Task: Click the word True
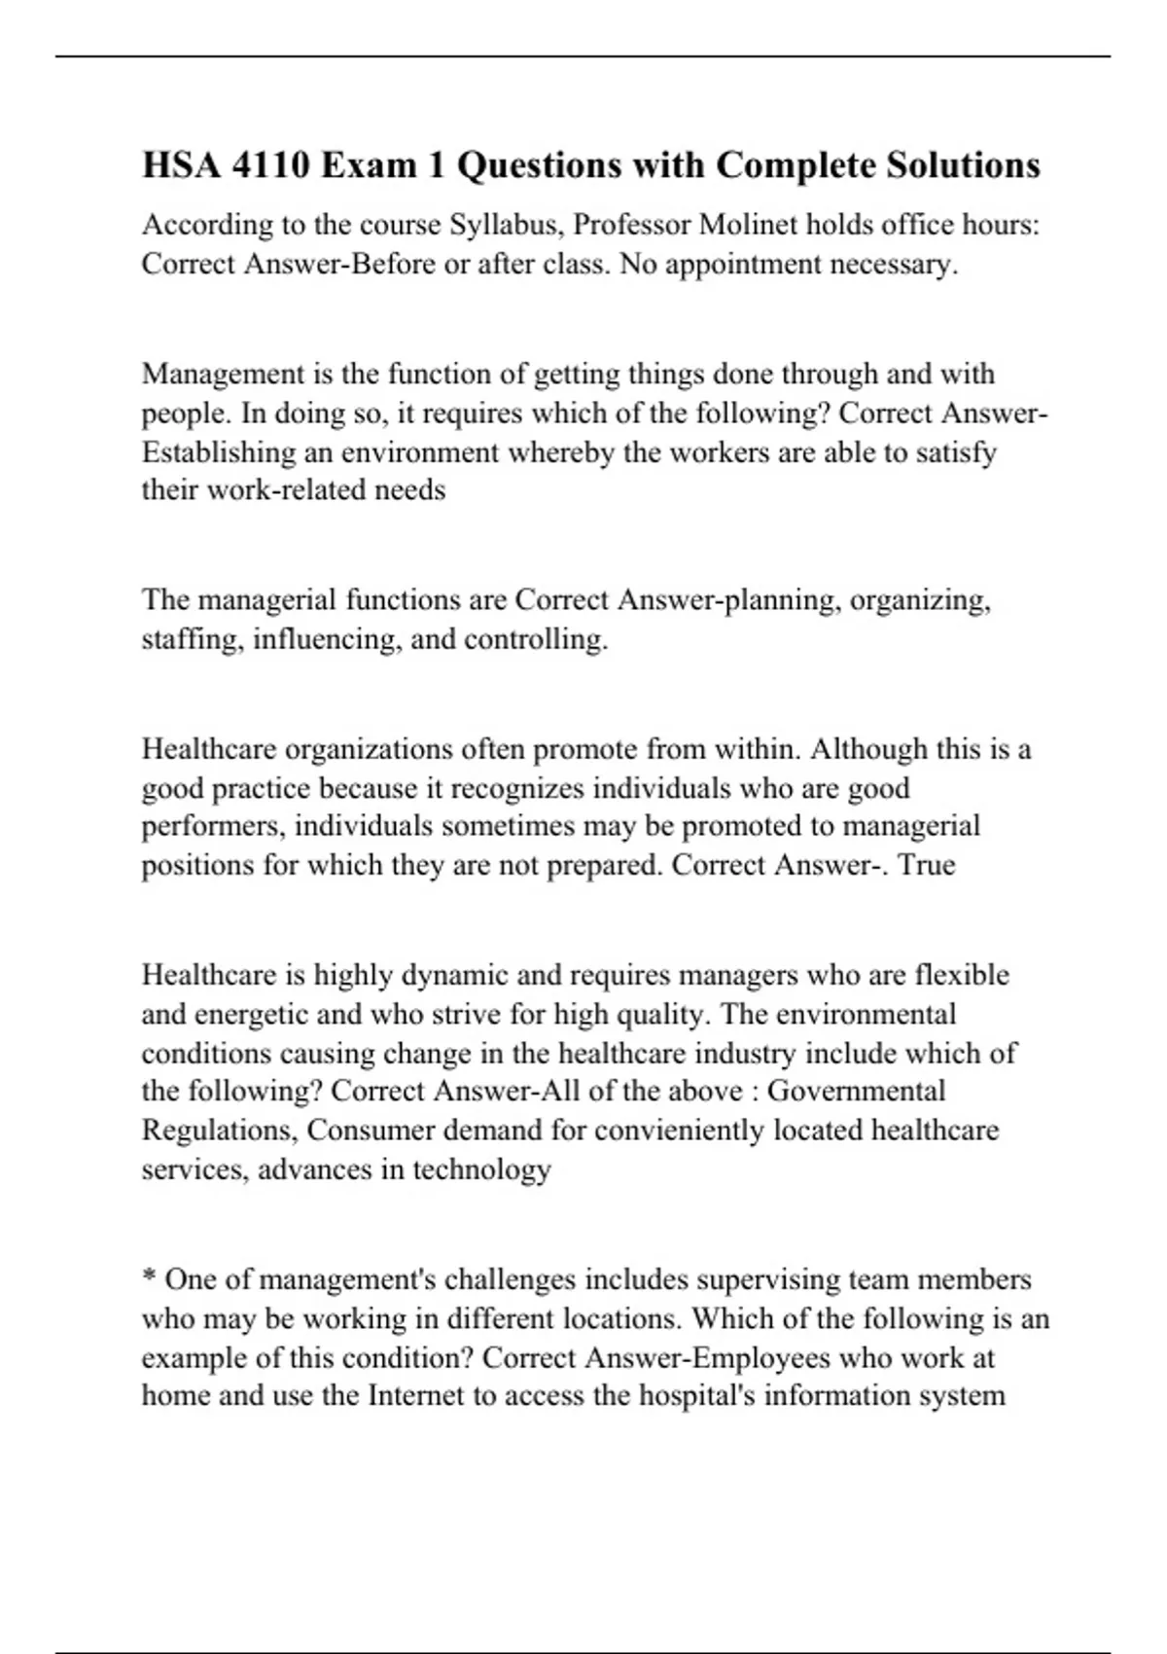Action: point(927,864)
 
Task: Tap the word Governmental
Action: point(856,1091)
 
